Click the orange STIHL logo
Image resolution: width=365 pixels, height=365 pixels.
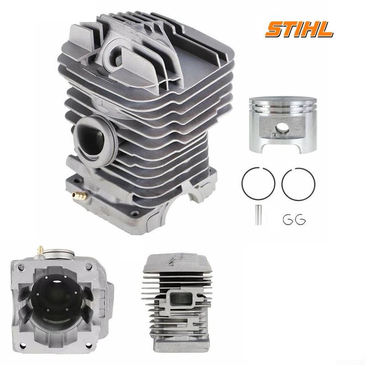pos(299,30)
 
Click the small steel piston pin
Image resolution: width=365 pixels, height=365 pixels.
pos(258,214)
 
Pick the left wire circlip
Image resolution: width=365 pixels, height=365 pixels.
pos(288,219)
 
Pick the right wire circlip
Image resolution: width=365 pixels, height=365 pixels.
pos(300,219)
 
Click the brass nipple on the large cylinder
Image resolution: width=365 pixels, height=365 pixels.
pos(79,196)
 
